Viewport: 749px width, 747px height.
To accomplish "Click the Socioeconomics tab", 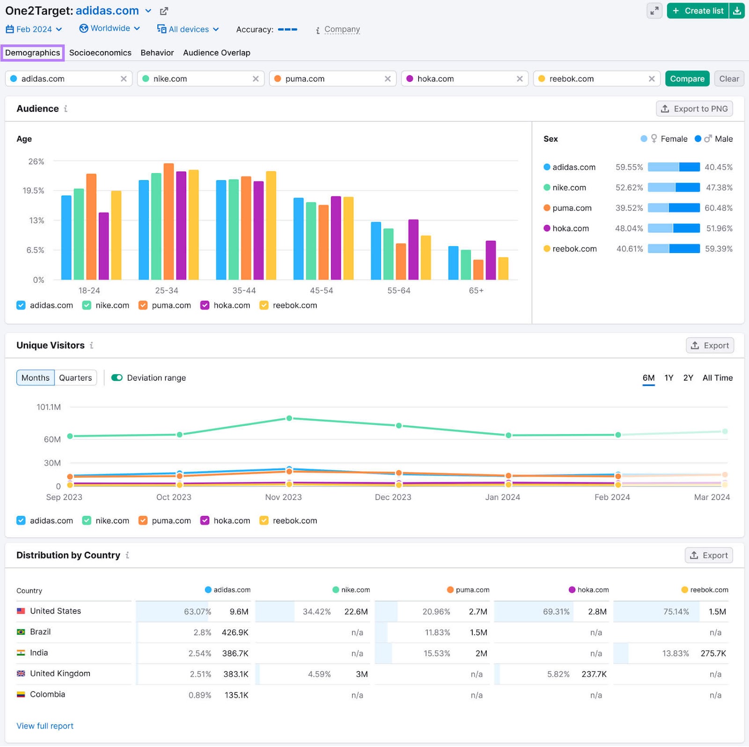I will click(x=100, y=53).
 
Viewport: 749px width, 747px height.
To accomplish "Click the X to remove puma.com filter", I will click(x=388, y=79).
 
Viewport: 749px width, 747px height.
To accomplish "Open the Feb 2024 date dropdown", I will click(x=34, y=29).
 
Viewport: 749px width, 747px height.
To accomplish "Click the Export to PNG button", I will click(x=694, y=109).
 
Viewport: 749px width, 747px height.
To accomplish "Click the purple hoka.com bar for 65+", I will click(x=491, y=260).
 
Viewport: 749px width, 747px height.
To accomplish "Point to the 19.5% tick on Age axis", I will click(x=34, y=191).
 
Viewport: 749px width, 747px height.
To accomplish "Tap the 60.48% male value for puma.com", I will click(x=718, y=208).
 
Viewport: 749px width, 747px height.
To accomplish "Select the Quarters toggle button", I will click(x=75, y=377).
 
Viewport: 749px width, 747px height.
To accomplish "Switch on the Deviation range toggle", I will click(x=117, y=377).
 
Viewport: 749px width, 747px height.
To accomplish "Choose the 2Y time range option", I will click(x=688, y=377).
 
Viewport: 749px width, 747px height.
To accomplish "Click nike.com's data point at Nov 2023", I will click(x=289, y=418).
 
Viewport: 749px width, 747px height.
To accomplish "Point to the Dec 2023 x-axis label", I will click(x=393, y=497).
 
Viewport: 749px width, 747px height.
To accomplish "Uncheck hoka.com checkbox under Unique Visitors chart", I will click(x=205, y=521).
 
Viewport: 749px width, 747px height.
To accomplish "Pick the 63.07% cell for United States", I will click(x=198, y=611).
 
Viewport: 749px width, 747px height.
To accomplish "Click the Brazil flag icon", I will click(x=21, y=632).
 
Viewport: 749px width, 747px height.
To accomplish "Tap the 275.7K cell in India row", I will click(x=713, y=653).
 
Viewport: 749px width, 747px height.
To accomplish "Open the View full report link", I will click(x=45, y=726).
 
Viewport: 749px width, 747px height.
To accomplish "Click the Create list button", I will click(x=698, y=11).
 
